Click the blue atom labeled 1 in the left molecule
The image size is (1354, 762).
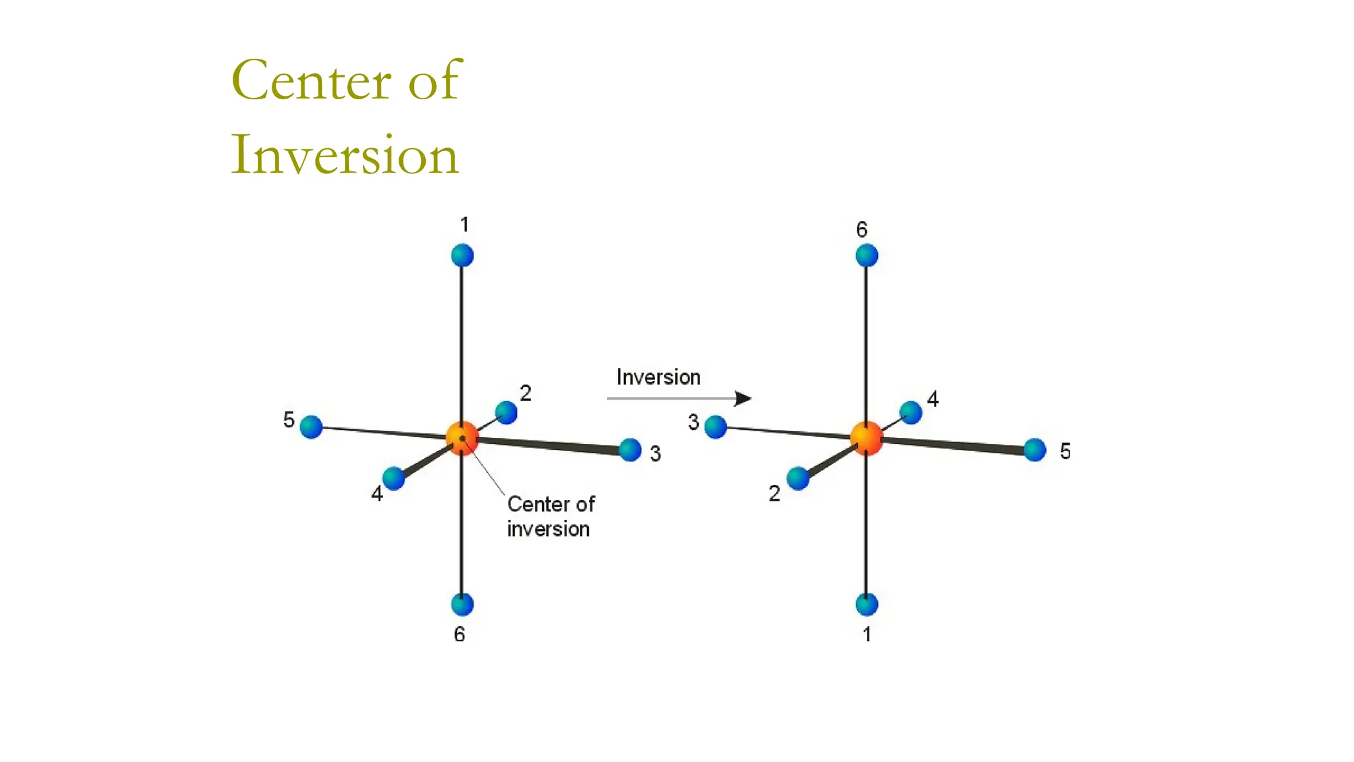pos(462,255)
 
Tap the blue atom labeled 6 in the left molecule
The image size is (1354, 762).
pos(462,604)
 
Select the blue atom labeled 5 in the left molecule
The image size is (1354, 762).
pos(311,427)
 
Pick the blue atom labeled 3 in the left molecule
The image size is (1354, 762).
pos(630,450)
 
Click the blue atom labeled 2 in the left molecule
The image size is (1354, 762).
pos(506,413)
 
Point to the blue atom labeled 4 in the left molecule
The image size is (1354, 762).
pos(393,478)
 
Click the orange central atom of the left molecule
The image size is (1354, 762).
pos(462,438)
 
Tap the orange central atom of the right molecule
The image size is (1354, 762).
pos(866,438)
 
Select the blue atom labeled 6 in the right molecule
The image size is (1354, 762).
pos(867,255)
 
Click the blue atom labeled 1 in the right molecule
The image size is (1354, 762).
pos(867,604)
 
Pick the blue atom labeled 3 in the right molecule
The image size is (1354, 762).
pos(715,427)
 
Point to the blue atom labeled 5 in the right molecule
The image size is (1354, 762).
pos(1035,450)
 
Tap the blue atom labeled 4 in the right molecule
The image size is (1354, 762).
pos(910,413)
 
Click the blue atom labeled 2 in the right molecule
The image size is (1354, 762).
pos(798,478)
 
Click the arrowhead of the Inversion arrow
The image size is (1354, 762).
pos(743,398)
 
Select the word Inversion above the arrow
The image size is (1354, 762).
pos(658,377)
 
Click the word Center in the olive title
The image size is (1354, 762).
pos(311,81)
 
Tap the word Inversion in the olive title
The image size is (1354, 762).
pos(344,155)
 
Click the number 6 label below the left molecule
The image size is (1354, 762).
pos(459,634)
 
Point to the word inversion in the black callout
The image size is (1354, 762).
pos(548,529)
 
